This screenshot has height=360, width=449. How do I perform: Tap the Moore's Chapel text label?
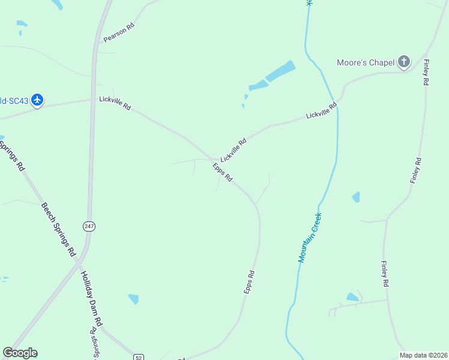(x=366, y=62)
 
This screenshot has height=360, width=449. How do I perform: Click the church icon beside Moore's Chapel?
(x=404, y=61)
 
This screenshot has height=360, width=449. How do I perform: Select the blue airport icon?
(x=38, y=99)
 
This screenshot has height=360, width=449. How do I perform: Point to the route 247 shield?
(x=89, y=226)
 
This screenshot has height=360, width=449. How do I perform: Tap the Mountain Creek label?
(x=310, y=237)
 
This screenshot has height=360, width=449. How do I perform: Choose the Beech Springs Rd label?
(x=58, y=228)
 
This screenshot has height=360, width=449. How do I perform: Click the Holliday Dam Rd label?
(x=92, y=299)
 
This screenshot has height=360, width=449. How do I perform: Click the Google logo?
(x=20, y=353)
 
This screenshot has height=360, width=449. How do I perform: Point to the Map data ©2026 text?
(x=423, y=355)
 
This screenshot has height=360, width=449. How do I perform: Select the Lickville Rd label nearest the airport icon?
(x=115, y=103)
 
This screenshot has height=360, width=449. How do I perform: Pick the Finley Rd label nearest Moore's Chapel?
(x=425, y=71)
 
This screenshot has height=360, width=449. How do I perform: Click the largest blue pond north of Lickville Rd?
(x=280, y=72)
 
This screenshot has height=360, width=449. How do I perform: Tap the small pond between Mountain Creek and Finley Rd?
(x=356, y=197)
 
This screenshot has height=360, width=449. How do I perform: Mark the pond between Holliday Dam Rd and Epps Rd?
(x=133, y=298)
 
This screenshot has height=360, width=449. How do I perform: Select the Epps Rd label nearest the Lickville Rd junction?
(x=223, y=175)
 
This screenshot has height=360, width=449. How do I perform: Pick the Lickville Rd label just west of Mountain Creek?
(x=322, y=110)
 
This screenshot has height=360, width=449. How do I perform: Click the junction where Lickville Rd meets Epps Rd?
(x=212, y=160)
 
